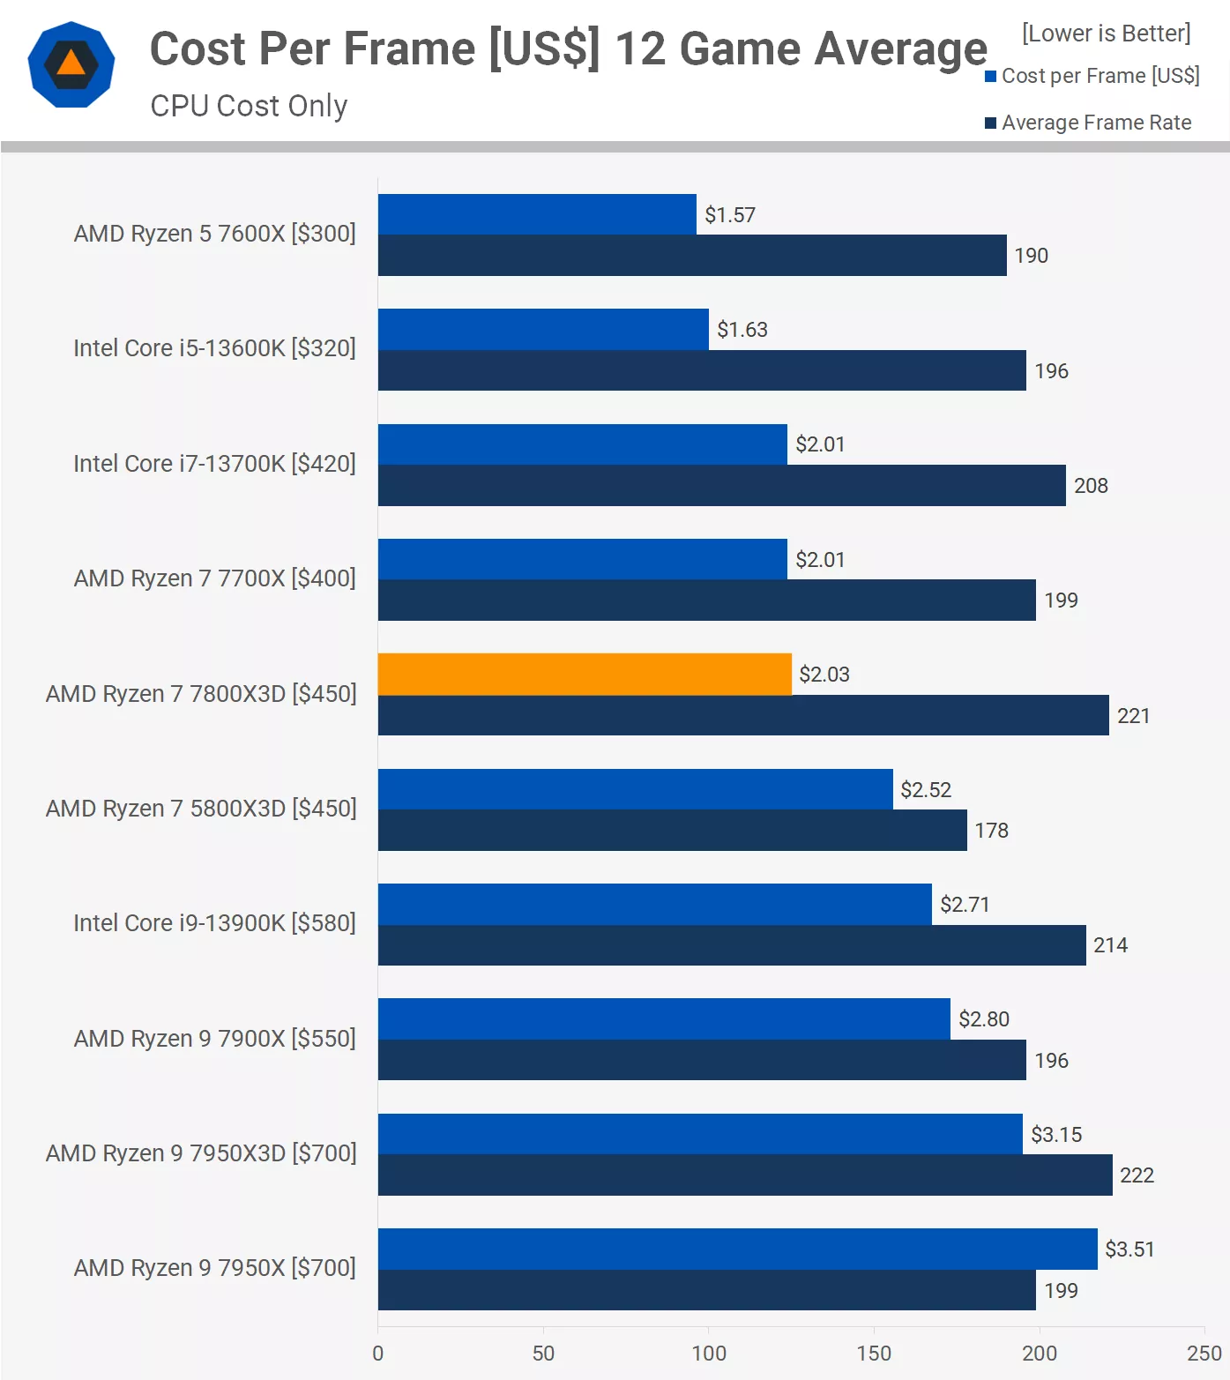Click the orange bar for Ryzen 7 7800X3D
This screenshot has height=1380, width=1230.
pyautogui.click(x=585, y=674)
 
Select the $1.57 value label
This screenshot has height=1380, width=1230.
pyautogui.click(x=730, y=215)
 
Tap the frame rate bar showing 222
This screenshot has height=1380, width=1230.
pyautogui.click(x=745, y=1175)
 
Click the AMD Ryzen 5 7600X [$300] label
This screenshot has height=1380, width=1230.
pyautogui.click(x=215, y=234)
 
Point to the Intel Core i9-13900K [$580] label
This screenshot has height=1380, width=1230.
pyautogui.click(x=215, y=923)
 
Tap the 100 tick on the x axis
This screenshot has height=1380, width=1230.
pyautogui.click(x=709, y=1354)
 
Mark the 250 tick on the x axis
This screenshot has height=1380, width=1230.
pyautogui.click(x=1204, y=1354)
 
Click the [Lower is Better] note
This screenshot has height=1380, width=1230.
pyautogui.click(x=1107, y=34)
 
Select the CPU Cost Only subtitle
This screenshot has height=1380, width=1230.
pyautogui.click(x=249, y=106)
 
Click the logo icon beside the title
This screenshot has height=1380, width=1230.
pyautogui.click(x=71, y=64)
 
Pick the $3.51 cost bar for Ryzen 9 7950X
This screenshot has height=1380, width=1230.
pyautogui.click(x=737, y=1249)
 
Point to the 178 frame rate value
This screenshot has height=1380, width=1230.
pyautogui.click(x=992, y=831)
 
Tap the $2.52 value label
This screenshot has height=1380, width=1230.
pyautogui.click(x=926, y=790)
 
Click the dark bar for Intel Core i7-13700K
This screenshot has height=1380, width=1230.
pyautogui.click(x=721, y=486)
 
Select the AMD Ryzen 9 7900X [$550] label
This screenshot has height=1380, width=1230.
pyautogui.click(x=215, y=1039)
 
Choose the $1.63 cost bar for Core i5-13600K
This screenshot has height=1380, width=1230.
pyautogui.click(x=543, y=329)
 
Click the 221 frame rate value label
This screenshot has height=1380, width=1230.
pyautogui.click(x=1134, y=716)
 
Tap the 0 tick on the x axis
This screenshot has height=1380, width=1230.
pyautogui.click(x=378, y=1354)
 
